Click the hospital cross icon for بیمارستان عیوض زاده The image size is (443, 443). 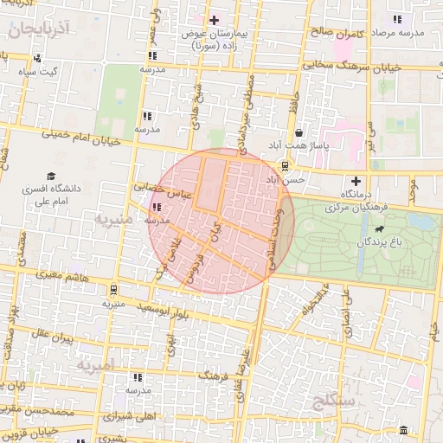(x=215, y=19)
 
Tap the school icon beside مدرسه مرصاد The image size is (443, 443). (x=396, y=19)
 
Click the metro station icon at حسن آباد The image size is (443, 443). (x=286, y=166)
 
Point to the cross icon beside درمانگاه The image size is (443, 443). (x=353, y=179)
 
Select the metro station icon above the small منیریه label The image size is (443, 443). (x=113, y=290)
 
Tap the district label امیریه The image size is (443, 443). (x=95, y=366)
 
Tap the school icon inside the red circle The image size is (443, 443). (x=157, y=207)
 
